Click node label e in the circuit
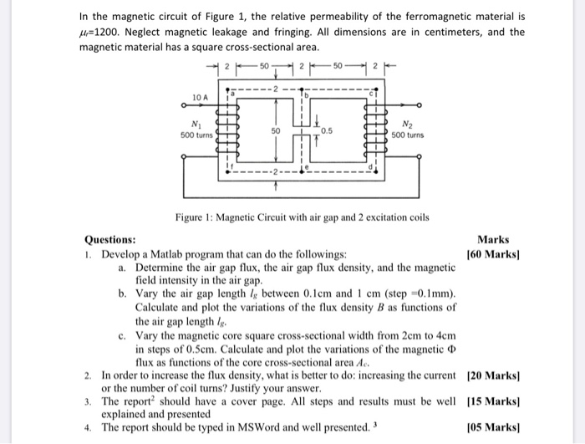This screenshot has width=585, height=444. tap(306, 168)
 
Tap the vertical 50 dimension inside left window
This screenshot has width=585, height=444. tap(272, 132)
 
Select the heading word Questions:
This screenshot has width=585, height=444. tap(111, 240)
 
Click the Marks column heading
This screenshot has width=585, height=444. tap(494, 240)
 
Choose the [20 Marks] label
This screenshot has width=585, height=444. tap(491, 377)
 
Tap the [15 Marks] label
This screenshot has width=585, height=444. tap(491, 402)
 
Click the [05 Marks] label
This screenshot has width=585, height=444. tap(491, 427)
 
